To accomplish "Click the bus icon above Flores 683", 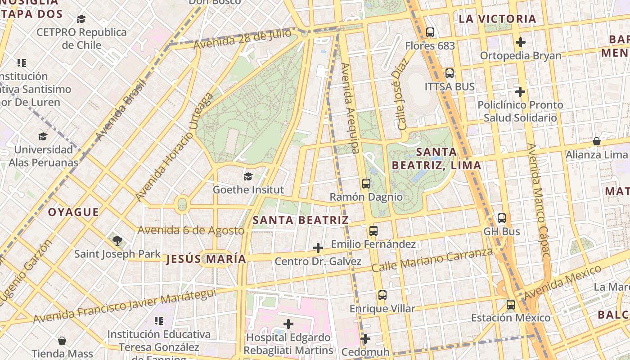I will click(x=430, y=32).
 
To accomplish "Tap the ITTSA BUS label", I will click(x=450, y=86).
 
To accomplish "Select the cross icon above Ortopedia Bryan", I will click(x=521, y=42).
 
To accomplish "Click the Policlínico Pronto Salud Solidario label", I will click(x=520, y=111).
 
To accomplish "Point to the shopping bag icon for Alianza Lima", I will click(x=596, y=141).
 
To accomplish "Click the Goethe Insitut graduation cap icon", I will click(x=248, y=176).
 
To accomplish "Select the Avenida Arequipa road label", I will click(x=350, y=108).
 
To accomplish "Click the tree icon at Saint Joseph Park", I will click(x=117, y=240).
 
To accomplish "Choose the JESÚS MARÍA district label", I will click(x=206, y=259).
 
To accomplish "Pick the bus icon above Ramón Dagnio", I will click(x=366, y=183).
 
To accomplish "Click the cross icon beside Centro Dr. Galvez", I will click(x=318, y=248).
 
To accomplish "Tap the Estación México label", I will click(x=511, y=318).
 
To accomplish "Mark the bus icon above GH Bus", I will click(x=502, y=218).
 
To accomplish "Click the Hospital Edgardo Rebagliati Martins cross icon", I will click(x=288, y=324).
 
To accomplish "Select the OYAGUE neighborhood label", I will click(x=73, y=212).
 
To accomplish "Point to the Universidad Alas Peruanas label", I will click(x=43, y=156).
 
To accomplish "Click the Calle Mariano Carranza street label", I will click(x=432, y=260).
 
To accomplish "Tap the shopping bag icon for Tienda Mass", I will click(x=62, y=341).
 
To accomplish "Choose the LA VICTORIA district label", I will click(x=497, y=19).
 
